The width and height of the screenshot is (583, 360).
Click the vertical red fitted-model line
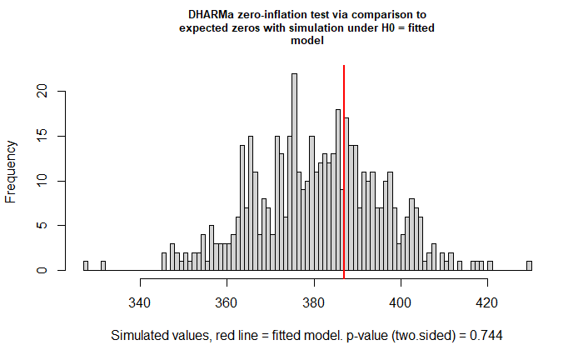pos(344,172)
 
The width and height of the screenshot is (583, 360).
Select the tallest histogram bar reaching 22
pos(295,172)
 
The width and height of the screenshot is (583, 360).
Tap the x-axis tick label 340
pos(139,302)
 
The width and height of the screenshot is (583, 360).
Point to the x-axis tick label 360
pos(226,302)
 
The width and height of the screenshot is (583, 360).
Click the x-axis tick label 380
pos(313,302)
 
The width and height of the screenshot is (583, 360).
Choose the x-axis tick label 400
pos(401,302)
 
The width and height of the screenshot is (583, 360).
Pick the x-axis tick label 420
pos(487,302)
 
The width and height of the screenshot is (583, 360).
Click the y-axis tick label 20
pos(42,91)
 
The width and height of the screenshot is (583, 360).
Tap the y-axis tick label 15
pos(42,136)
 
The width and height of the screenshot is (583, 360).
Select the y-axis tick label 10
pos(42,181)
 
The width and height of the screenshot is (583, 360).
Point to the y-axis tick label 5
pos(42,225)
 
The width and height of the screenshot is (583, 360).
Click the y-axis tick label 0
pos(42,270)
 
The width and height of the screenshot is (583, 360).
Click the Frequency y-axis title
pos(11,172)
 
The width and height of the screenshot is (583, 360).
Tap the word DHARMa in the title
pos(207,15)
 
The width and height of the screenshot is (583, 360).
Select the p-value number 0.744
pos(486,336)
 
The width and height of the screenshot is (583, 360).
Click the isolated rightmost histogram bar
pos(529,266)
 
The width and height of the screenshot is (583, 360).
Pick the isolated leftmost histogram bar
pos(86,266)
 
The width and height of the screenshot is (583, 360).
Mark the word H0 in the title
pos(388,27)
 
